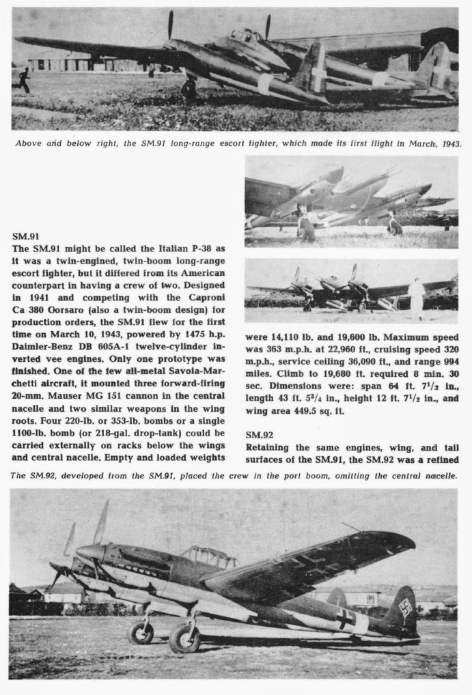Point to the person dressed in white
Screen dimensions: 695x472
pyautogui.click(x=415, y=297)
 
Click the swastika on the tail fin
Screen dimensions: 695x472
pyautogui.click(x=406, y=608)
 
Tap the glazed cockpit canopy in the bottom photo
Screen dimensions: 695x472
pyautogui.click(x=208, y=557)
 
